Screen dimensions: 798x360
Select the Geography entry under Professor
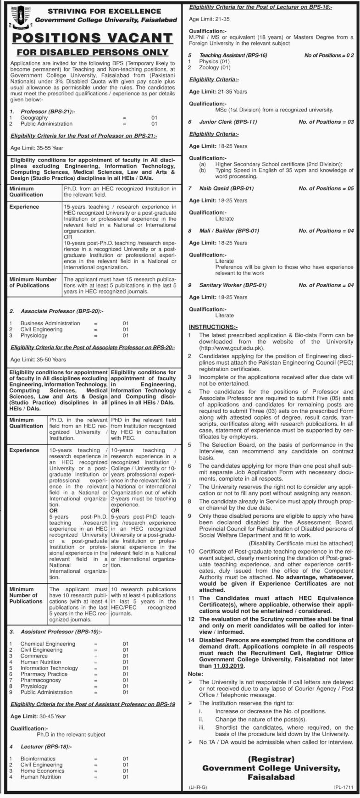click(34, 118)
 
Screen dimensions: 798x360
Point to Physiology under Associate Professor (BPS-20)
click(33, 335)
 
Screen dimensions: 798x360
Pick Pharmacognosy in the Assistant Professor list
click(40, 680)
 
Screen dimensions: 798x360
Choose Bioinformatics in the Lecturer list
click(38, 759)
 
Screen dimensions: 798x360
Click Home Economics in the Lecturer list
click(42, 770)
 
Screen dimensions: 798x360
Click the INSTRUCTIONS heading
click(213, 327)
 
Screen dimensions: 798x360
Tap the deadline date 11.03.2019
click(229, 665)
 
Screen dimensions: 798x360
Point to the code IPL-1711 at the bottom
click(343, 787)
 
